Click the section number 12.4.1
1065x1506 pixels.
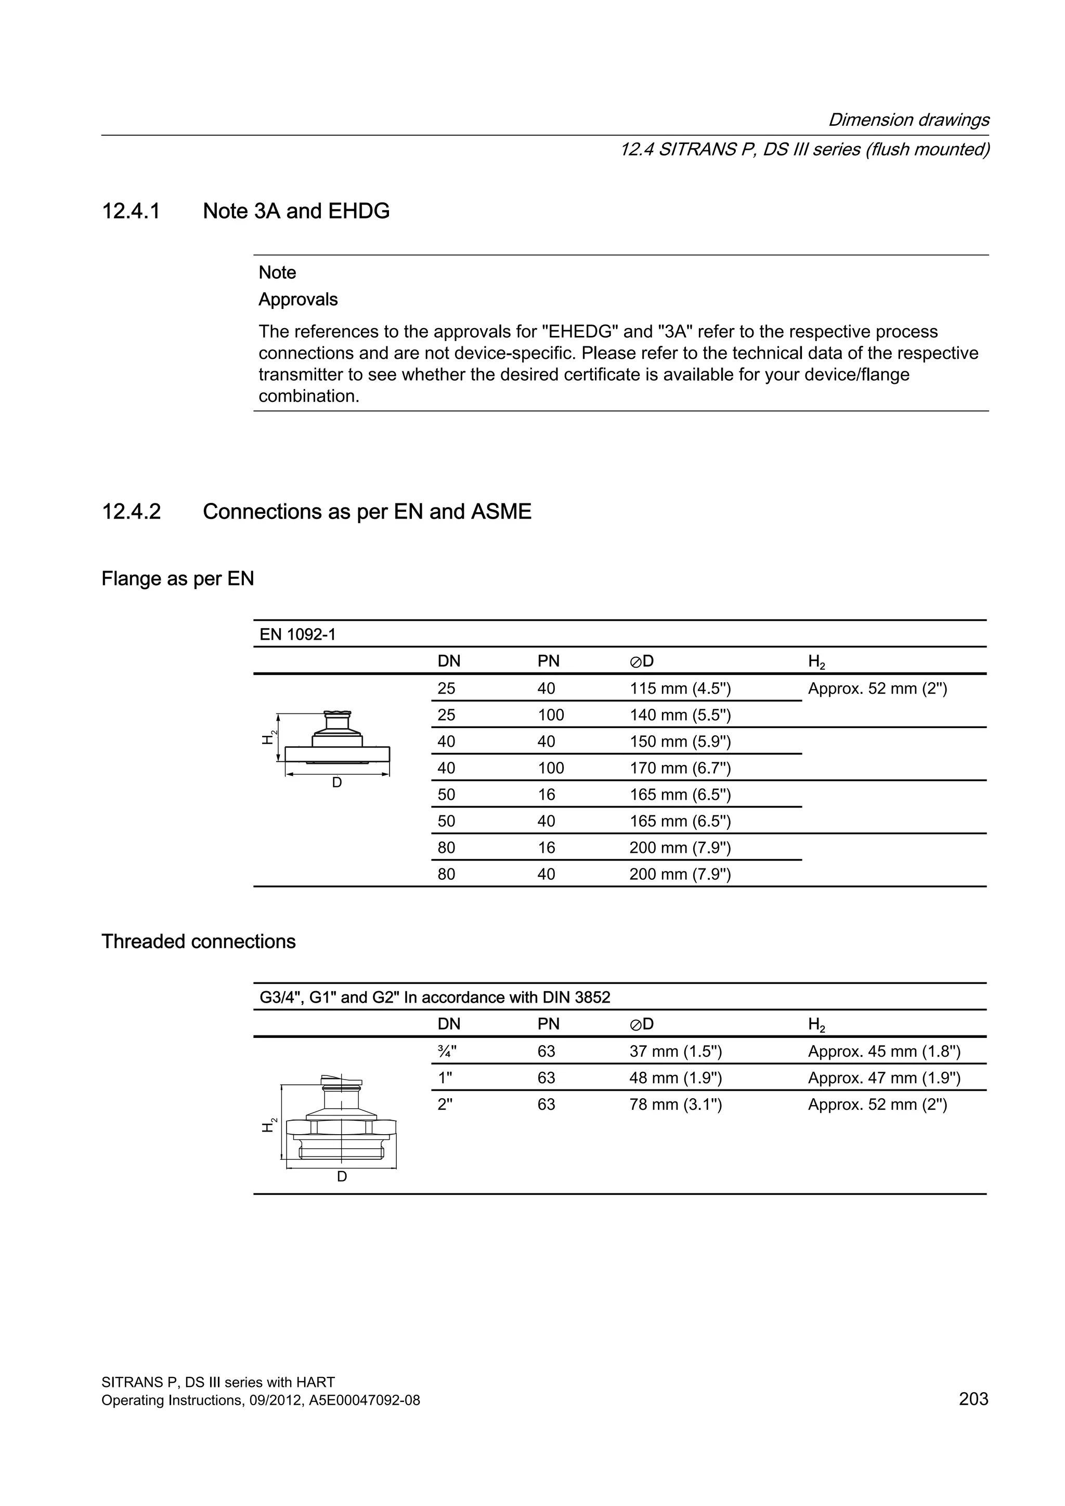coord(131,211)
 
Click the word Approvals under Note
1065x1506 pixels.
coord(298,299)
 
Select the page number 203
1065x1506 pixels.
coord(973,1398)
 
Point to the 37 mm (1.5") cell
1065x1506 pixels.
coord(675,1051)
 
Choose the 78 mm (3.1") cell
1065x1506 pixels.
coord(675,1105)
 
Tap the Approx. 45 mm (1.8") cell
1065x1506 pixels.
coord(884,1051)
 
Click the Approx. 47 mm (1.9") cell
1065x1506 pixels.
coord(884,1077)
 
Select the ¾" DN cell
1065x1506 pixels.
coord(447,1051)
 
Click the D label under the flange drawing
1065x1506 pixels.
coord(336,783)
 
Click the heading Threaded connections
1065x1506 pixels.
coord(198,941)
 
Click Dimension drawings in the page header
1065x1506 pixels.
coord(908,120)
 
